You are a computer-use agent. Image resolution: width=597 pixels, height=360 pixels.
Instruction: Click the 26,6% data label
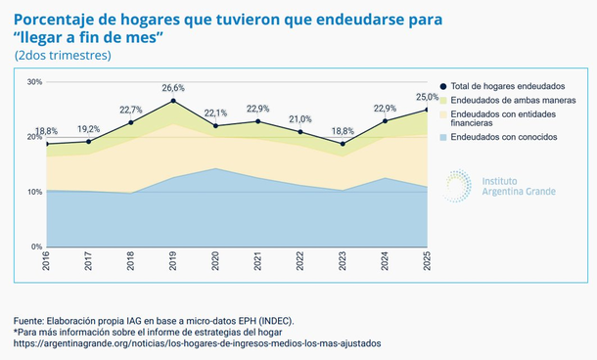(172, 89)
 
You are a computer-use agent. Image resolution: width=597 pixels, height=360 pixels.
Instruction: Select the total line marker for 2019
(173, 101)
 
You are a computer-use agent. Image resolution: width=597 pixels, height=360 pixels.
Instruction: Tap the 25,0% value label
(428, 97)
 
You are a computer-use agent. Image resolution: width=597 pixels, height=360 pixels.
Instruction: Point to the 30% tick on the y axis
(34, 82)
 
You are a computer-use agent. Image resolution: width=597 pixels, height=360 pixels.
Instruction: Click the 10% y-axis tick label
(34, 192)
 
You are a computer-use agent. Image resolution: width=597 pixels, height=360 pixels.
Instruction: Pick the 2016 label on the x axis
(47, 263)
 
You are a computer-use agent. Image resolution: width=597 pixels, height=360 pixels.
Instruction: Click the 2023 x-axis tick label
(343, 263)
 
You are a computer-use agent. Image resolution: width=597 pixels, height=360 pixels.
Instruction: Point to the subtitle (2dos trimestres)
(63, 56)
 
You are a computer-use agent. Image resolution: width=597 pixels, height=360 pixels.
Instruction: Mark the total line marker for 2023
(343, 144)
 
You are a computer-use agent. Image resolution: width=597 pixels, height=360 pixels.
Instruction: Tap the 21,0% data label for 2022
(299, 119)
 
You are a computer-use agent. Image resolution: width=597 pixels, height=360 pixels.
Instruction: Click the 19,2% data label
(88, 128)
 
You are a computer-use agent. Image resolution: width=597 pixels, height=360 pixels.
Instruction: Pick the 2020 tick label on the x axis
(215, 263)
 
